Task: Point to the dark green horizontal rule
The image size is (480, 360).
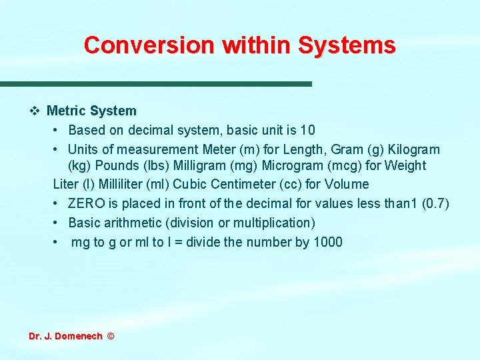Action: (x=156, y=84)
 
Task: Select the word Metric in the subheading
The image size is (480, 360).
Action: (x=66, y=111)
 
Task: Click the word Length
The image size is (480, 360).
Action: (x=319, y=149)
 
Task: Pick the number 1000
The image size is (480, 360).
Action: (x=327, y=242)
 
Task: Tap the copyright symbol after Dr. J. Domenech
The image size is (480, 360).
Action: (x=111, y=337)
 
